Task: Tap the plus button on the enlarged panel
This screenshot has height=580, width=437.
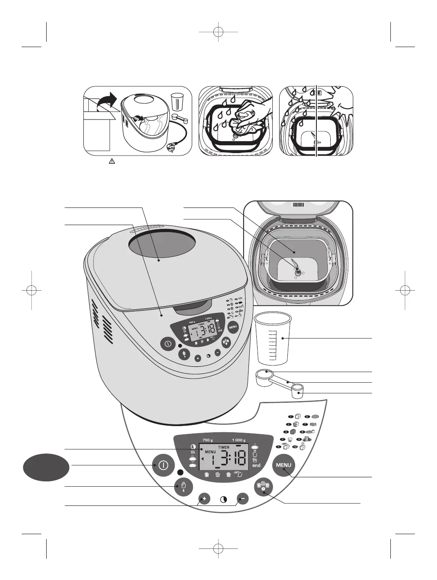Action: [x=204, y=499]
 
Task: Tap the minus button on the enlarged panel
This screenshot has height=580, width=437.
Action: [x=242, y=499]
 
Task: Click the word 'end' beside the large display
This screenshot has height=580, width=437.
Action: [x=256, y=465]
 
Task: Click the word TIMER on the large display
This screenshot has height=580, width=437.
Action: [x=224, y=447]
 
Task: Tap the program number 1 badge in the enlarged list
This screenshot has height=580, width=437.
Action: [x=291, y=417]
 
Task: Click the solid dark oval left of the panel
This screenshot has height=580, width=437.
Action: [x=46, y=466]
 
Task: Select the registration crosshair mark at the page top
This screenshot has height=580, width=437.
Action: [x=218, y=32]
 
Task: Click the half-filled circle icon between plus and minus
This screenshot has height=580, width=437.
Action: [x=224, y=499]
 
